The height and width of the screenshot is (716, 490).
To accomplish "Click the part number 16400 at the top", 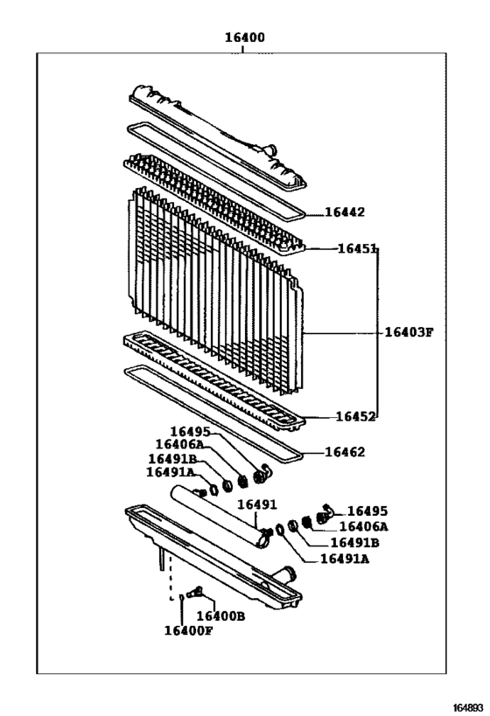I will coord(245,38).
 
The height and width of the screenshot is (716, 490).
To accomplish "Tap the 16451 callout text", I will coord(357,249).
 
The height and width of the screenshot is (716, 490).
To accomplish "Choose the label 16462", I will coord(344,452).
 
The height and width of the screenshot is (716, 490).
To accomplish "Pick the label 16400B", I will coord(227,615).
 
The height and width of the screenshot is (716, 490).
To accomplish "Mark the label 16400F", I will coord(188,630).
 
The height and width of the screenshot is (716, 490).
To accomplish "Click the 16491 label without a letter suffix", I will coord(256,505).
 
